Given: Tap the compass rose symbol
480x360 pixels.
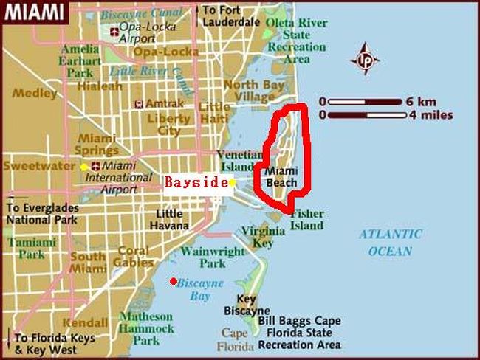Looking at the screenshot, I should click(365, 60).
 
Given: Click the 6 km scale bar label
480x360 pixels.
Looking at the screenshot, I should click(429, 101).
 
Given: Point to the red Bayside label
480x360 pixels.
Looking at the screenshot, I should click(195, 182).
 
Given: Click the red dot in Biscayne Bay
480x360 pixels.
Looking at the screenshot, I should click(173, 281).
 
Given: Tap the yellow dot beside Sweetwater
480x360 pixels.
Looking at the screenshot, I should click(84, 167).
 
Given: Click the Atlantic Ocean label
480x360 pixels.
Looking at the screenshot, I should click(391, 243).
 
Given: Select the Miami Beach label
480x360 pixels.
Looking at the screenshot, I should click(281, 177).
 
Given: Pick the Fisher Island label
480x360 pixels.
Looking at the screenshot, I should click(306, 219).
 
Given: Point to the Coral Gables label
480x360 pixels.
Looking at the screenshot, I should click(133, 256).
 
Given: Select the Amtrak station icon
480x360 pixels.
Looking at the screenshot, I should click(139, 104).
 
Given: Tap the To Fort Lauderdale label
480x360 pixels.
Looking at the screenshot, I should click(230, 16).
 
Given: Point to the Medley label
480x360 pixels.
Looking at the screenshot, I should click(35, 94).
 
